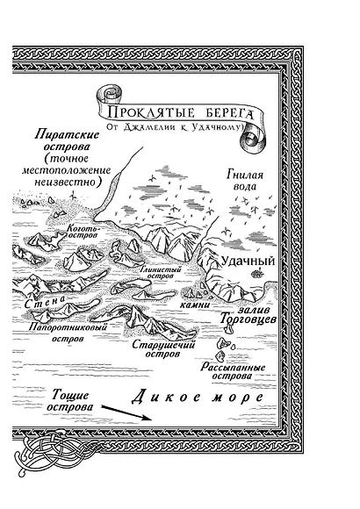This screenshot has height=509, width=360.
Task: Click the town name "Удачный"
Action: [249, 261]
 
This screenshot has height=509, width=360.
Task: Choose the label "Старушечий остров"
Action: [162, 349]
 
